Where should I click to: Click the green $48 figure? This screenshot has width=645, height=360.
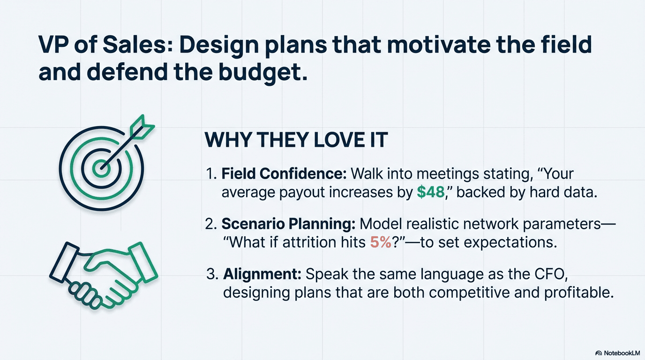pyautogui.click(x=430, y=192)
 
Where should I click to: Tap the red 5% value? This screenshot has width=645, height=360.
pyautogui.click(x=381, y=242)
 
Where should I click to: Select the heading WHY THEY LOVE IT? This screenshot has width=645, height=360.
pyautogui.click(x=296, y=140)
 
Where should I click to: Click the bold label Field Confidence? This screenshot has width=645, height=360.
pyautogui.click(x=284, y=173)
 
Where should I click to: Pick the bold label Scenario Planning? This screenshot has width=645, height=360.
pyautogui.click(x=289, y=224)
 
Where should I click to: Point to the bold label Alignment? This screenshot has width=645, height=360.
pyautogui.click(x=262, y=274)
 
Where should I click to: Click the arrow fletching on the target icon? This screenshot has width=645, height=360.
pyautogui.click(x=142, y=127)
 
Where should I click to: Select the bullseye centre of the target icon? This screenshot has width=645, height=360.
pyautogui.click(x=101, y=168)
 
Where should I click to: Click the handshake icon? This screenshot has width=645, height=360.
pyautogui.click(x=104, y=276)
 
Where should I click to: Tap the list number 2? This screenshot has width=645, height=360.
pyautogui.click(x=210, y=224)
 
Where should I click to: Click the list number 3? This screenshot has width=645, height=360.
pyautogui.click(x=212, y=274)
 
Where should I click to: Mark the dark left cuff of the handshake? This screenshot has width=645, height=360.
pyautogui.click(x=64, y=262)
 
